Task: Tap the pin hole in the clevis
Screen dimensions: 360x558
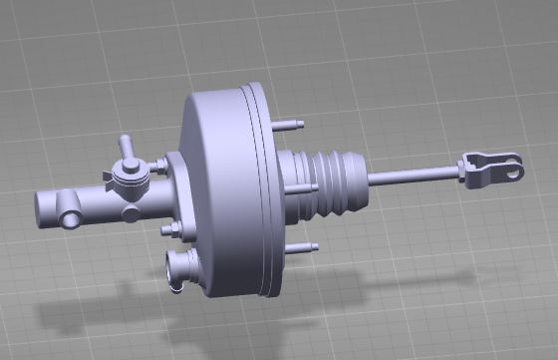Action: click(x=511, y=170)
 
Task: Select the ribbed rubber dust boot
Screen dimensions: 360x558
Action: click(x=335, y=183)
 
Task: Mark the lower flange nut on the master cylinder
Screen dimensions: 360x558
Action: click(x=169, y=231)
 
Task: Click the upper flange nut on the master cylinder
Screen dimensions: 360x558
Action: click(x=162, y=165)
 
